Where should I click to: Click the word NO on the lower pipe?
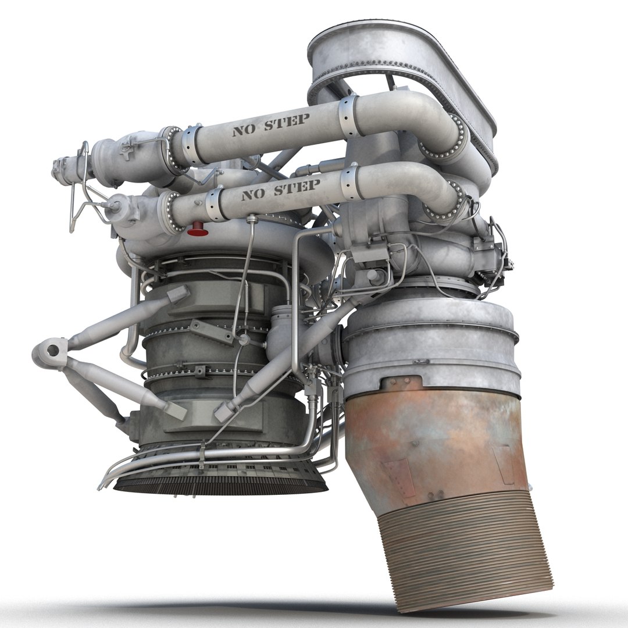pyautogui.click(x=251, y=194)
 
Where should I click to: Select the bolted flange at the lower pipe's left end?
pyautogui.click(x=169, y=212)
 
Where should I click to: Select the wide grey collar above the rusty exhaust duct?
pyautogui.click(x=430, y=349)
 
